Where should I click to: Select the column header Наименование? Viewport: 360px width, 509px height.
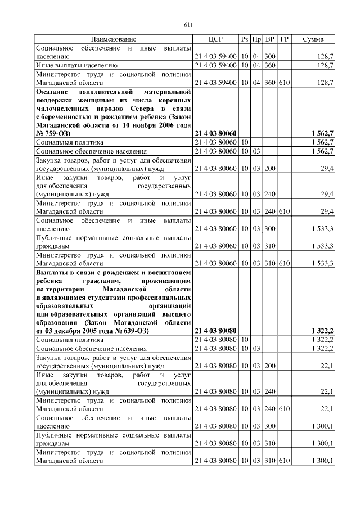[x=114, y=39]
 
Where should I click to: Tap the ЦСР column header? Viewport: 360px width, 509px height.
[x=215, y=39]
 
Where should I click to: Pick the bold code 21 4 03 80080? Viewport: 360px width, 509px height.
[x=215, y=331]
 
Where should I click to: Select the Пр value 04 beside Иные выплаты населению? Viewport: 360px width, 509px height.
[x=257, y=65]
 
